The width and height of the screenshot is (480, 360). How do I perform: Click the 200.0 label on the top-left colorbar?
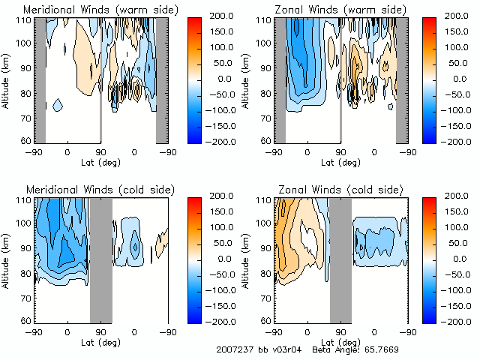click(x=211, y=15)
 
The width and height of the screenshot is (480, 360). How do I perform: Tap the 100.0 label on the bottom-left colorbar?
click(x=211, y=226)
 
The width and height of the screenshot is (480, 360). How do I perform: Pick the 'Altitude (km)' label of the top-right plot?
click(x=247, y=79)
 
